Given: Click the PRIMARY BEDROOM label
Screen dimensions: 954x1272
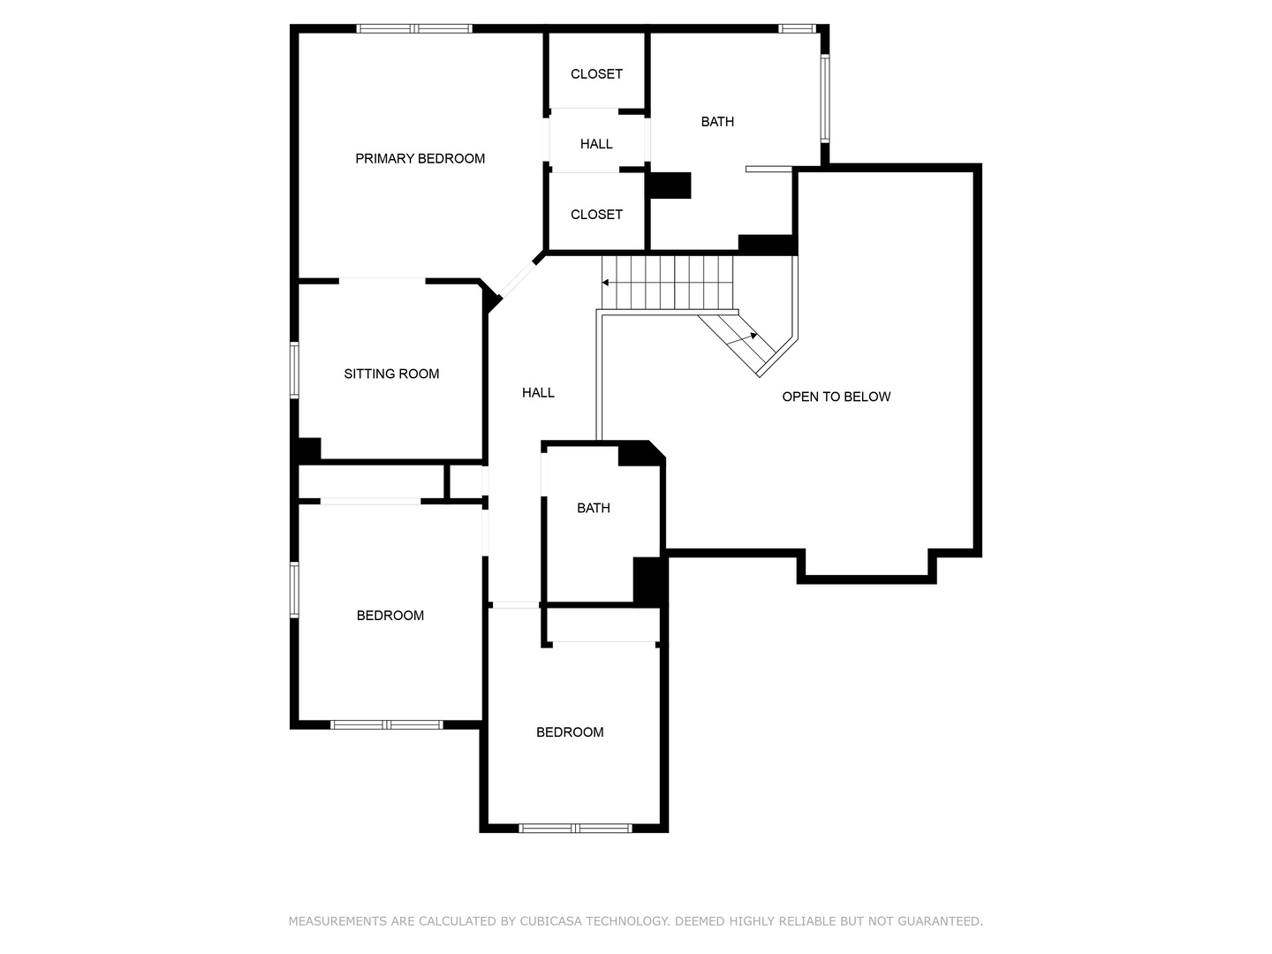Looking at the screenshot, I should pyautogui.click(x=420, y=159).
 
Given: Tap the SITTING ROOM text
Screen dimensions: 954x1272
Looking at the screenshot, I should pyautogui.click(x=391, y=374).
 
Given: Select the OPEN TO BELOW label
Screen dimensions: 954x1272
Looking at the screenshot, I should pyautogui.click(x=836, y=397).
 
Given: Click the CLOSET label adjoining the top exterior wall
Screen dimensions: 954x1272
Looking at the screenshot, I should pyautogui.click(x=596, y=74).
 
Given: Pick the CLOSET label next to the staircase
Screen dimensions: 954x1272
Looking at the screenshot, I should pyautogui.click(x=596, y=215).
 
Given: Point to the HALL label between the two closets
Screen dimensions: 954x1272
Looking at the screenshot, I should pyautogui.click(x=596, y=144).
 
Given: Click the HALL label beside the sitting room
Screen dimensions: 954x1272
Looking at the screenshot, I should pyautogui.click(x=538, y=393).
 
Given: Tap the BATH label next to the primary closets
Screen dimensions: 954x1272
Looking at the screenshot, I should pyautogui.click(x=717, y=122).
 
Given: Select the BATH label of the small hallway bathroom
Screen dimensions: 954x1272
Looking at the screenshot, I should pyautogui.click(x=593, y=508).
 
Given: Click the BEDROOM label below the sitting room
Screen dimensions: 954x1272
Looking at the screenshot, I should pyautogui.click(x=390, y=616).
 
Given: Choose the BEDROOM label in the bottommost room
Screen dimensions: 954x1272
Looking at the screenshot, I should pyautogui.click(x=570, y=732).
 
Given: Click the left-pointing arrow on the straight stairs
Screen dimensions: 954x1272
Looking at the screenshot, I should pyautogui.click(x=607, y=283).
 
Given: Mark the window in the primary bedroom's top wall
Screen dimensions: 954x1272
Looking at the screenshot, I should pyautogui.click(x=414, y=29).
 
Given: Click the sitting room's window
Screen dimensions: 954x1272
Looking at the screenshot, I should pyautogui.click(x=295, y=370).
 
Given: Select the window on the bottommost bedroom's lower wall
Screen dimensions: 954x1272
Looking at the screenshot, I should pyautogui.click(x=575, y=828).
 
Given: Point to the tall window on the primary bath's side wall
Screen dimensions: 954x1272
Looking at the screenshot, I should pyautogui.click(x=824, y=98).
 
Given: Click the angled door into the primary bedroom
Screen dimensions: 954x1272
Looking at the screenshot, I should pyautogui.click(x=516, y=282).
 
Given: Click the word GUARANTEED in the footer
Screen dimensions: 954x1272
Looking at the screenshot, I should pyautogui.click(x=939, y=921).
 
